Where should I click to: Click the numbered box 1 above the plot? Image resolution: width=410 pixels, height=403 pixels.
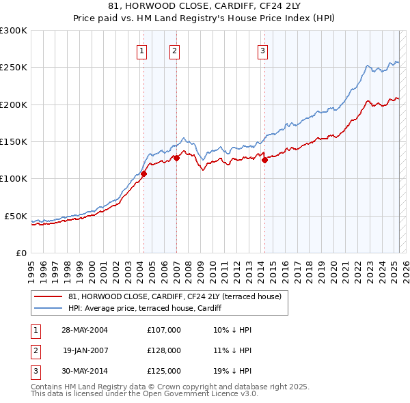click(x=141, y=50)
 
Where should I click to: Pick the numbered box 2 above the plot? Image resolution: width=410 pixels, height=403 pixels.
click(x=174, y=50)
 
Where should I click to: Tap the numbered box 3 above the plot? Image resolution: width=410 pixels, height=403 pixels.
click(x=262, y=50)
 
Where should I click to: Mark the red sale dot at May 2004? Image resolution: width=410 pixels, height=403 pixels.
click(x=144, y=173)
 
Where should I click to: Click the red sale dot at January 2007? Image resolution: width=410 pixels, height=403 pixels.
click(x=176, y=158)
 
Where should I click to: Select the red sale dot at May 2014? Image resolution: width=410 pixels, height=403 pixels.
click(x=264, y=161)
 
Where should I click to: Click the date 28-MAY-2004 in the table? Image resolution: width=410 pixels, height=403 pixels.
click(x=85, y=330)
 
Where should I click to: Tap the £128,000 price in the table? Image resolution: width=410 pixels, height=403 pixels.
click(x=164, y=350)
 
